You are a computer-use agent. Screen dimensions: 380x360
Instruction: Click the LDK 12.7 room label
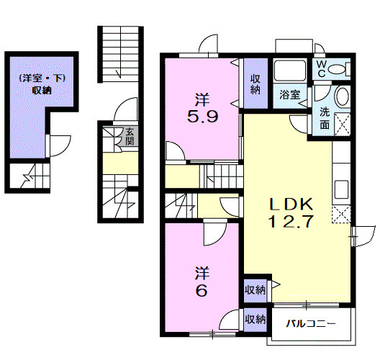[291, 212]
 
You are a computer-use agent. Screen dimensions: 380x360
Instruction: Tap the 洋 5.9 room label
[203, 107]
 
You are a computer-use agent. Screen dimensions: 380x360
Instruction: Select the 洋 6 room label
[202, 282]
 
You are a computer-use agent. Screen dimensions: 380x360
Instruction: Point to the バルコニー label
[311, 323]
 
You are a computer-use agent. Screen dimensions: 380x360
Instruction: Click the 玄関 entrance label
[130, 137]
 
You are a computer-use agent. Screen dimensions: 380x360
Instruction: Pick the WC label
[322, 69]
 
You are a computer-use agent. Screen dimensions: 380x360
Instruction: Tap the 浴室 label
[290, 95]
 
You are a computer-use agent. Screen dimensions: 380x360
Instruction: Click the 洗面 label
[325, 118]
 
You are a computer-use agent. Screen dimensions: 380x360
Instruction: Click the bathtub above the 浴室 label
[290, 71]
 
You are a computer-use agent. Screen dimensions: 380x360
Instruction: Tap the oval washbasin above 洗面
[343, 96]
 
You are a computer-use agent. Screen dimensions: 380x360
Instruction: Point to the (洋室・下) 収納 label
[42, 84]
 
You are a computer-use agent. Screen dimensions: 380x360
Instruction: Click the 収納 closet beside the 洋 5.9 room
[255, 84]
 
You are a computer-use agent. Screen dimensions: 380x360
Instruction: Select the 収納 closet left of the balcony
[255, 320]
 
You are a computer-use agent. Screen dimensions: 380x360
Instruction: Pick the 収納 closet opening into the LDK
[255, 290]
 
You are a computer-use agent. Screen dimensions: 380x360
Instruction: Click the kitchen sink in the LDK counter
[341, 189]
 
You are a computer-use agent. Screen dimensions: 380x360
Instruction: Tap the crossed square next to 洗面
[343, 124]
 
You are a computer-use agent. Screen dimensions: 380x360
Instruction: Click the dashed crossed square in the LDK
[341, 215]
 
